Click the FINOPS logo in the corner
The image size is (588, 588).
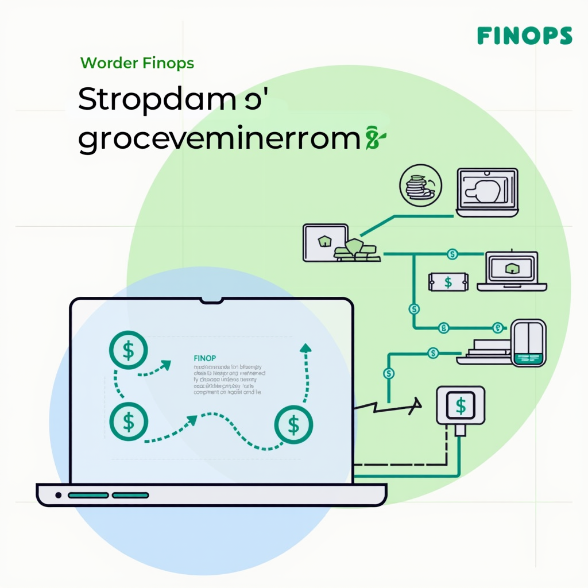pos(524,36)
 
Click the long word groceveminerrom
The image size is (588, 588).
pos(219,140)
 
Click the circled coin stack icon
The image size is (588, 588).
pos(420,185)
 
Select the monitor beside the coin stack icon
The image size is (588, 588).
pos(487,192)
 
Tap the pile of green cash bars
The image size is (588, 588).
pos(356,250)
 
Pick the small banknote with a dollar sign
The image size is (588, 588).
pos(448,281)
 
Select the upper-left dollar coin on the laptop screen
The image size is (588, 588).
pos(128,350)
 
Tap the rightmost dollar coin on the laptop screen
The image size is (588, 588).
pos(293,425)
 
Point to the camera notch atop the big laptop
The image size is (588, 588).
pos(211,300)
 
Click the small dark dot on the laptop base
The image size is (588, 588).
pos(58,495)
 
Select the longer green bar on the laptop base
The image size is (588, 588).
pos(88,495)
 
